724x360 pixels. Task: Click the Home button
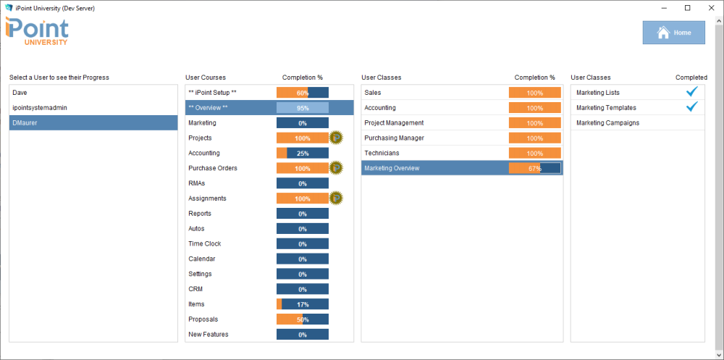tap(674, 33)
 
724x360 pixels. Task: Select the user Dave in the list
tap(20, 93)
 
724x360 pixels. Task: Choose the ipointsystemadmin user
tap(40, 108)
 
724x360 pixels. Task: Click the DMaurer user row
tap(25, 123)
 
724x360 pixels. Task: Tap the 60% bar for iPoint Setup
tap(303, 93)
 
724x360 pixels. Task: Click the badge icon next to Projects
tap(336, 138)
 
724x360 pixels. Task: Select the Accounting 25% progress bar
tap(303, 154)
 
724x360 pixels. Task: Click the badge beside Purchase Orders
tap(336, 168)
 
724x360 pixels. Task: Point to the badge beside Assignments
tap(336, 198)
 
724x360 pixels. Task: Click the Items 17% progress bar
tap(303, 304)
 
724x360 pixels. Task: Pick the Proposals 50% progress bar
tap(303, 319)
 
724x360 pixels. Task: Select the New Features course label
tap(208, 335)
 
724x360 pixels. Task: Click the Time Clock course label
tap(205, 244)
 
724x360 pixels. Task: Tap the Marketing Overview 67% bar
tap(534, 168)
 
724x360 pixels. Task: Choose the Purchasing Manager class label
tap(394, 138)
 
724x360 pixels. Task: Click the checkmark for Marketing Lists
tap(691, 92)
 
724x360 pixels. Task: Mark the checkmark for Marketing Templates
tap(691, 107)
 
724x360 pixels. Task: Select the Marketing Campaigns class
tap(607, 123)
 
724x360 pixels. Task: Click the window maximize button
tap(687, 8)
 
